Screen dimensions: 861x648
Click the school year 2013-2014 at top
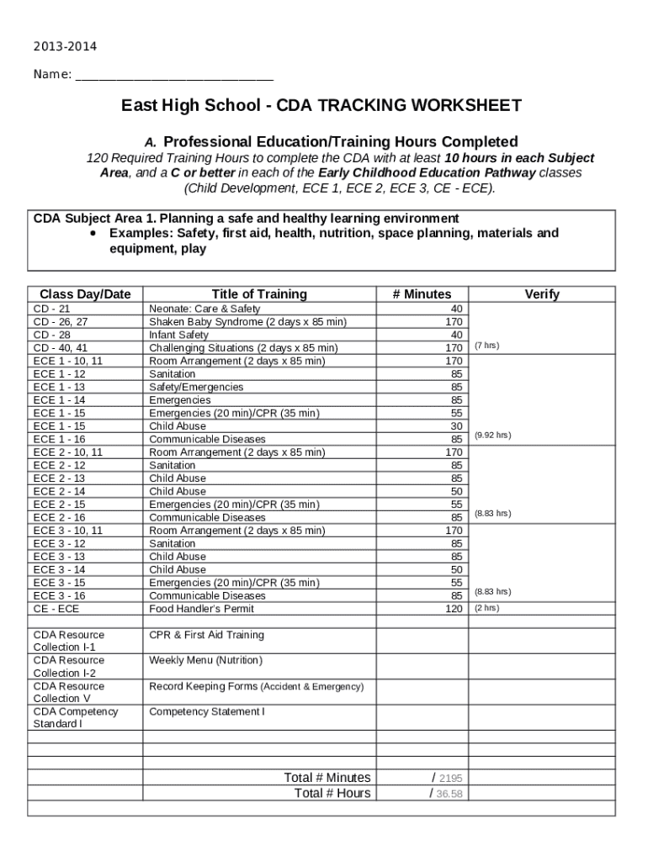[59, 46]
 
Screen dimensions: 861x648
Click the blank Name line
[174, 76]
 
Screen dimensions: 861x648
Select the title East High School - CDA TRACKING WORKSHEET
[321, 106]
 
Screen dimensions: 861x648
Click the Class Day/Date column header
[85, 294]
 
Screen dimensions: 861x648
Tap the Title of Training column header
[259, 294]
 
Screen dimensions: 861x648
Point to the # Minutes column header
[422, 294]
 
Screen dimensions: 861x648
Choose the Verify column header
[541, 294]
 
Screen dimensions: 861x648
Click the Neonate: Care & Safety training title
[204, 309]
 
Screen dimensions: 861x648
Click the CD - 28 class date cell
[52, 335]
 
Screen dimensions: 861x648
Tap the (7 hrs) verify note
[487, 346]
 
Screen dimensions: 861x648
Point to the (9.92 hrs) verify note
[492, 436]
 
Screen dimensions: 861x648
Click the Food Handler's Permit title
[201, 609]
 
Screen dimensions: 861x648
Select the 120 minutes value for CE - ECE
[454, 609]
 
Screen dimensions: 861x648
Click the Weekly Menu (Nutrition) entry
[206, 661]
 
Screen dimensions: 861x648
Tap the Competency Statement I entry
[207, 712]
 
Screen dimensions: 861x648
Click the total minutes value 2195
[450, 779]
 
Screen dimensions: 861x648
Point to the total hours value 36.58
[450, 794]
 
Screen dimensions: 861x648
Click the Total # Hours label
[332, 794]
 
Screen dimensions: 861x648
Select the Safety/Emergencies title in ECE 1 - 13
[196, 387]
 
